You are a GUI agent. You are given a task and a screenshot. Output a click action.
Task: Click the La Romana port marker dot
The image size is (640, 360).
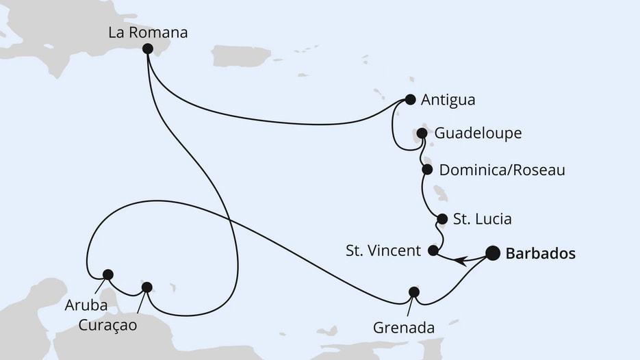click(x=147, y=49)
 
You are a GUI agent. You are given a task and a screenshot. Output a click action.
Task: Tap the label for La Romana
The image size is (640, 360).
click(x=148, y=31)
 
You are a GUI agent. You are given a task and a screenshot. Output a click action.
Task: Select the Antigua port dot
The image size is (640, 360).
click(x=410, y=99)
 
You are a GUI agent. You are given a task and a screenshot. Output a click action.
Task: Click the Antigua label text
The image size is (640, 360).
click(x=448, y=100)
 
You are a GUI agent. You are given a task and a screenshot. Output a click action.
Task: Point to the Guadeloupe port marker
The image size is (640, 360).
click(x=422, y=133)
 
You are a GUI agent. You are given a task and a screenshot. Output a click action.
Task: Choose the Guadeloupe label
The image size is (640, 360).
click(x=478, y=133)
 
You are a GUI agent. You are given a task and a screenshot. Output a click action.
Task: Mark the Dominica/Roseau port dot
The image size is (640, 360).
click(x=427, y=169)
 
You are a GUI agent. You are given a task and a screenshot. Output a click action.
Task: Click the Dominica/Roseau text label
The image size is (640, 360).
click(x=502, y=170)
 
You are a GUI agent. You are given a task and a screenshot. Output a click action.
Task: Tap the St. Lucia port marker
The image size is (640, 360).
click(x=442, y=219)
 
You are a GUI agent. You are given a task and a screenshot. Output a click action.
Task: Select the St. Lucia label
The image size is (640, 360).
click(x=483, y=220)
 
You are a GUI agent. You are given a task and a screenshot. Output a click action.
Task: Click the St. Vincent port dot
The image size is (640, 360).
click(x=433, y=250)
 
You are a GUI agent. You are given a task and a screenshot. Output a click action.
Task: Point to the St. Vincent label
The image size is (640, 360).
click(x=383, y=250)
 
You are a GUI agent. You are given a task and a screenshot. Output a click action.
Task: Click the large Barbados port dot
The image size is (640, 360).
click(x=493, y=253)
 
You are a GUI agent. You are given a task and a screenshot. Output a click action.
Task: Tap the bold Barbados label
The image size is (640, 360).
click(x=540, y=254)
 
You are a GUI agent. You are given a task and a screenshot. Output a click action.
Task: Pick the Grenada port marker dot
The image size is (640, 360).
click(x=413, y=292)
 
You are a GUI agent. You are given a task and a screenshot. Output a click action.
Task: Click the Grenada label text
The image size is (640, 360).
click(x=404, y=328)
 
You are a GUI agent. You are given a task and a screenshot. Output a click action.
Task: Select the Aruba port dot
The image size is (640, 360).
click(x=107, y=274)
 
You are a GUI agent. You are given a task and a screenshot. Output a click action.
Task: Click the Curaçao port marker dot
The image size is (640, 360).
click(x=146, y=287)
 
